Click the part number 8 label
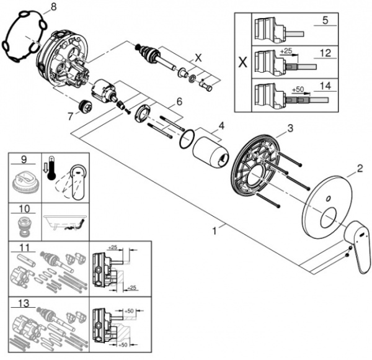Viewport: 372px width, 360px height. coord(53,7)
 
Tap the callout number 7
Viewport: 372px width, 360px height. coord(70,116)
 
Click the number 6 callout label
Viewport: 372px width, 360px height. coord(179,102)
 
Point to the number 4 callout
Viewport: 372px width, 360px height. coord(221,125)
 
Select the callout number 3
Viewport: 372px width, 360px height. coord(290,128)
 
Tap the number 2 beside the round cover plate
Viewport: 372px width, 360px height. coord(360,169)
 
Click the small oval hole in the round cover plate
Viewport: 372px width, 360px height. coord(329,198)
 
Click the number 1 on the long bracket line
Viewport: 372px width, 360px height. coord(215,231)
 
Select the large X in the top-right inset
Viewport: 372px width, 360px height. coord(242,62)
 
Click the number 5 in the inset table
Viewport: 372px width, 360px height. coord(325,20)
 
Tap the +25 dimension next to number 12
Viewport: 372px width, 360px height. coord(286,51)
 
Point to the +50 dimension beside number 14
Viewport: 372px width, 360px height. coord(298,89)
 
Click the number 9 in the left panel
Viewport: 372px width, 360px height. coord(24,160)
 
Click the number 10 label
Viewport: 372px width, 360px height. coord(24,209)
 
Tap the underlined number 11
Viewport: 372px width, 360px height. coord(24,248)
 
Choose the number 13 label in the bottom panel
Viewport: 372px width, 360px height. coord(24,304)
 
